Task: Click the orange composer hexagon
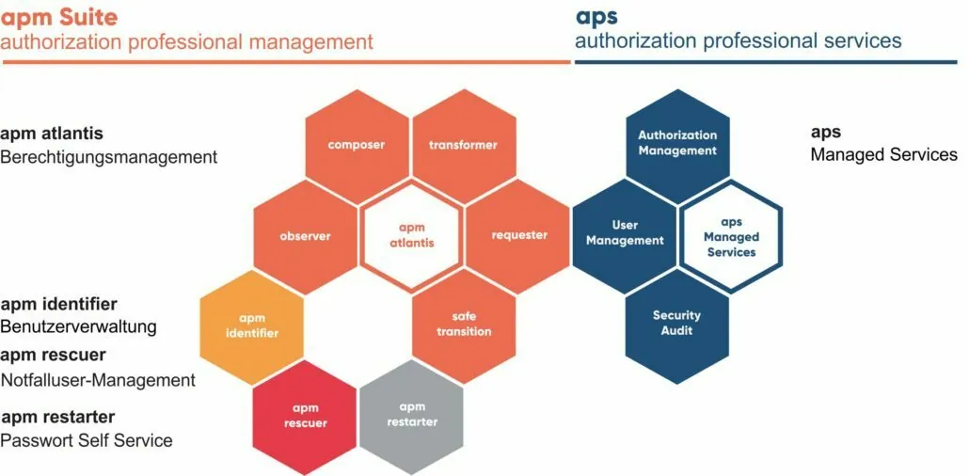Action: (x=357, y=146)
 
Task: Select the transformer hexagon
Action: (x=463, y=146)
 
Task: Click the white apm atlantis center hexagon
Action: (x=411, y=235)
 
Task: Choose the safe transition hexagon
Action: (x=464, y=325)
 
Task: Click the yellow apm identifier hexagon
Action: (x=251, y=326)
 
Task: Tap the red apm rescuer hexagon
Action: (x=305, y=417)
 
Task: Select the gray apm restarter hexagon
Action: (x=411, y=416)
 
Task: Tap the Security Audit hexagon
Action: (x=677, y=325)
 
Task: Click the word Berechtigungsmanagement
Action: (x=109, y=157)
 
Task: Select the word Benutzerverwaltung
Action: (x=78, y=326)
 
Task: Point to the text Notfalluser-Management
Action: (x=98, y=379)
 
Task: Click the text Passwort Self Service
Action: (x=87, y=440)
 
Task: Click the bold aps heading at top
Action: (x=596, y=17)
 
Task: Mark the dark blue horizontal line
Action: (x=766, y=62)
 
